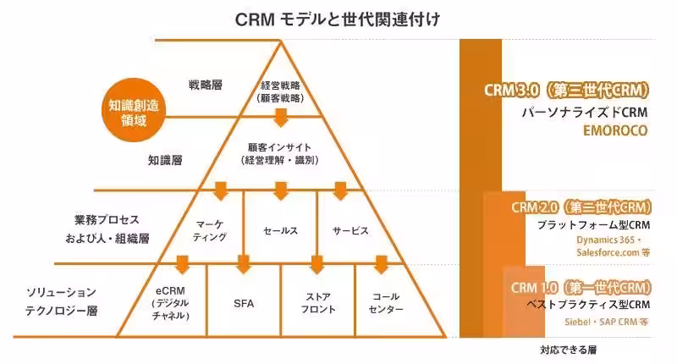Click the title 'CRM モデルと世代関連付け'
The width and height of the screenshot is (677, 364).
[338, 19]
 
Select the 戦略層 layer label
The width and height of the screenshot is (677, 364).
[206, 85]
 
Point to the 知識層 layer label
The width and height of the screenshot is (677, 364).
[165, 158]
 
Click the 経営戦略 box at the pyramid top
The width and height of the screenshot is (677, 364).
[280, 91]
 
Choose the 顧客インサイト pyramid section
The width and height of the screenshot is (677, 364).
[280, 152]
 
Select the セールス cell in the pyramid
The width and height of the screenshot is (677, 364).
[281, 230]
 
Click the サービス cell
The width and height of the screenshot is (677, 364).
[350, 230]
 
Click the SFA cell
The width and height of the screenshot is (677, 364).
[244, 302]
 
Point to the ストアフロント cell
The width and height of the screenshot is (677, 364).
[317, 302]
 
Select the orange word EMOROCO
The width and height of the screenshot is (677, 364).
[614, 131]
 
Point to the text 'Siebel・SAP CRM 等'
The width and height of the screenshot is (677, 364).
[607, 323]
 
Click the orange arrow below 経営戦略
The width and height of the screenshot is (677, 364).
[280, 114]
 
